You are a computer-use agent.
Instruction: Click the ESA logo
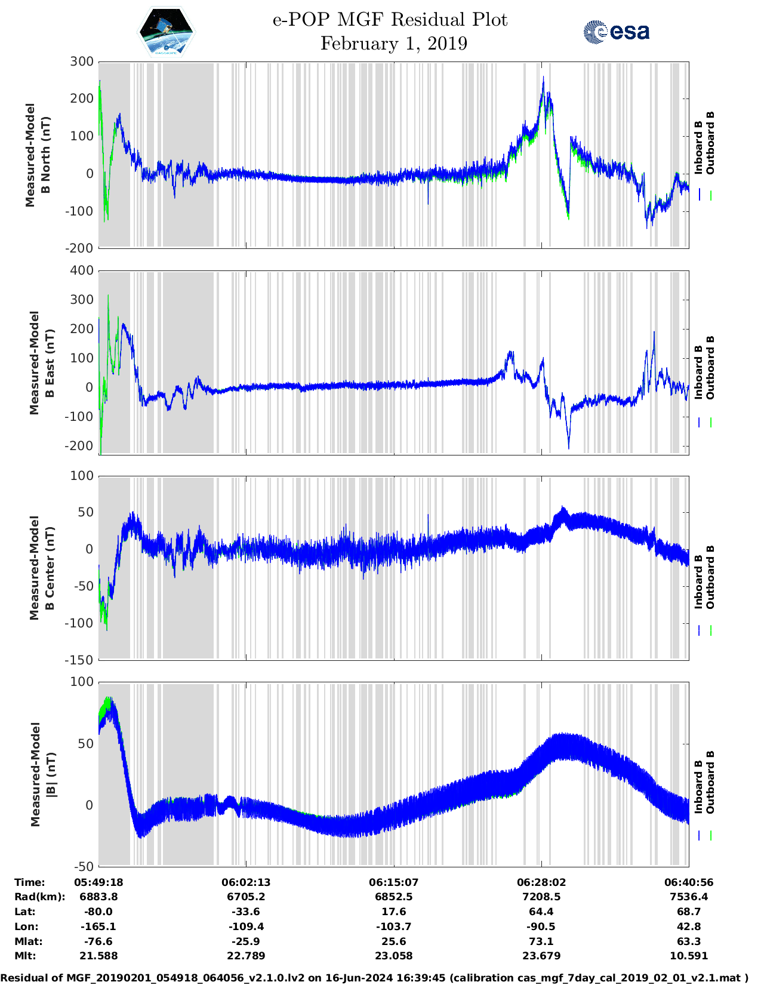pos(616,32)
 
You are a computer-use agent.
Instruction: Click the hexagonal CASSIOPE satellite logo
pos(166,31)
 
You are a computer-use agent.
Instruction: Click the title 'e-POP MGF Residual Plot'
pos(390,20)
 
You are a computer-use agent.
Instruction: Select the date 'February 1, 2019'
pos(393,44)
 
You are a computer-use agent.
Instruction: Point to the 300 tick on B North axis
pos(82,61)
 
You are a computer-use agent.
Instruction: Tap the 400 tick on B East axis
pos(82,270)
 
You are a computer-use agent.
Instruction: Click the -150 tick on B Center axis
pos(79,660)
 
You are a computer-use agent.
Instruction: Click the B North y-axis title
pos(38,155)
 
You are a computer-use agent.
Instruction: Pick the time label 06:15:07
pos(393,882)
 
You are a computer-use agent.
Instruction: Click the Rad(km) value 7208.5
pos(541,897)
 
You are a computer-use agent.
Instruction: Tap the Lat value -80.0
pos(98,912)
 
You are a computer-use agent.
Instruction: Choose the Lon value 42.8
pos(689,926)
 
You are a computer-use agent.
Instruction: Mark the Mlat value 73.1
pos(541,941)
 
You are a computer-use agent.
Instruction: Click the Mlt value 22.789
pos(246,956)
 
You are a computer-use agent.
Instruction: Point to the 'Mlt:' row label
pos(25,956)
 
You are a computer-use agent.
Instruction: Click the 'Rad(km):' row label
pos(39,897)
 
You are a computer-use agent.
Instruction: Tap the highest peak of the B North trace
pos(543,77)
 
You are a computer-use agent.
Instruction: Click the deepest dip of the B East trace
pos(568,448)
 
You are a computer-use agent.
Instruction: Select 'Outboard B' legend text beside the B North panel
pos(710,143)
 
